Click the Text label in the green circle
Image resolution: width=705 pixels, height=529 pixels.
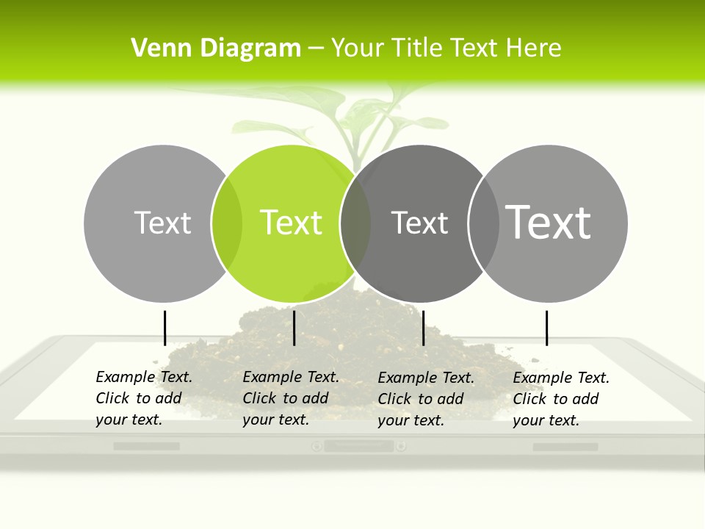click(291, 223)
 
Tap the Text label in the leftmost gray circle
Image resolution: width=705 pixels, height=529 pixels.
click(162, 223)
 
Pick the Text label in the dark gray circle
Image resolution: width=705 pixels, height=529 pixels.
click(419, 223)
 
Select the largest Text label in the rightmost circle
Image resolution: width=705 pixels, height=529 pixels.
click(549, 222)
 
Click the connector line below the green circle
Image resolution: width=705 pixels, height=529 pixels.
click(294, 328)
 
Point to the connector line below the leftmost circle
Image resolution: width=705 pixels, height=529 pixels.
click(164, 328)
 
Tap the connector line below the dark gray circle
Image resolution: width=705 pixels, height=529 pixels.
click(423, 328)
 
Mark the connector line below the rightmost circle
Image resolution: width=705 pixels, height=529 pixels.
click(546, 328)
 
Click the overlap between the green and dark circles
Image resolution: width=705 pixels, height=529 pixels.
click(355, 223)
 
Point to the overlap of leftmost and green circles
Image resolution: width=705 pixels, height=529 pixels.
click(227, 223)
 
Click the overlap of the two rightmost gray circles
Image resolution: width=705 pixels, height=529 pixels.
click(484, 223)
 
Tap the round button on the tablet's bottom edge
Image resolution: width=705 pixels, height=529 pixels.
click(317, 446)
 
